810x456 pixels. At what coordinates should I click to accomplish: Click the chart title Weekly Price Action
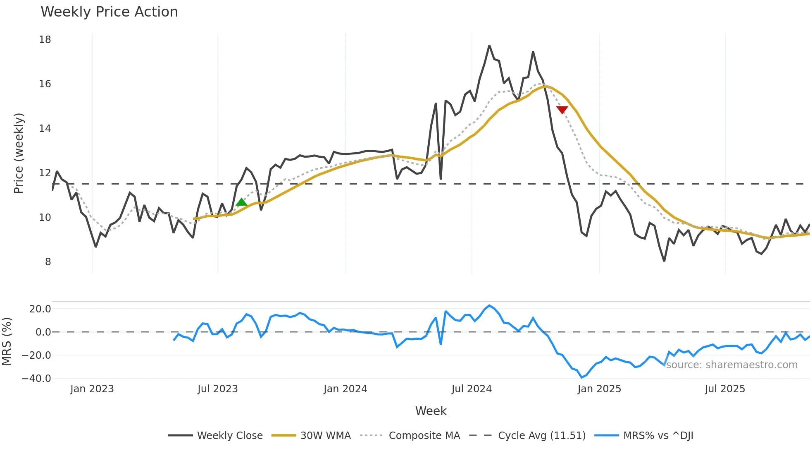point(109,12)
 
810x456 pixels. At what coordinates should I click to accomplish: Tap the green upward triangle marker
point(241,202)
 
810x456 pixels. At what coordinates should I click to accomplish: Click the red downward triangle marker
point(562,110)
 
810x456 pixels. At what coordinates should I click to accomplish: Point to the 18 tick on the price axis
point(45,40)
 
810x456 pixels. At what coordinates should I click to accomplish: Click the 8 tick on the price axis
point(48,262)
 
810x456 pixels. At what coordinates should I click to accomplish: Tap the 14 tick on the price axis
point(45,129)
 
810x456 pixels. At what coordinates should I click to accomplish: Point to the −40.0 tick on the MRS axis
point(36,379)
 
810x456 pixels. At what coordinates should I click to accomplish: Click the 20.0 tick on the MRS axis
point(40,309)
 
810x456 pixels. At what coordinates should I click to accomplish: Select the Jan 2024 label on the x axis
point(345,389)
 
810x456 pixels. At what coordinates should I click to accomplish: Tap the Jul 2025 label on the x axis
point(725,389)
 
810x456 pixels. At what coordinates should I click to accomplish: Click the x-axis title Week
point(431,411)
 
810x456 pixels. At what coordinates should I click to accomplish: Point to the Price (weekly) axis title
point(19,153)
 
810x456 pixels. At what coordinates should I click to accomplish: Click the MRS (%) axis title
point(7,341)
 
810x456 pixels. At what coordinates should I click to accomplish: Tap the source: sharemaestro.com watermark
point(731,365)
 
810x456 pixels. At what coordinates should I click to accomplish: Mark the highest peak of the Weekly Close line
point(489,46)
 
